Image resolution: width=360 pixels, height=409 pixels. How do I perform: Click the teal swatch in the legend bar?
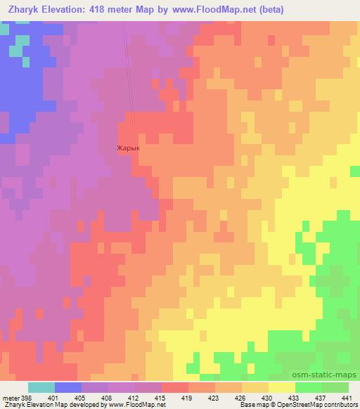click(x=41, y=387)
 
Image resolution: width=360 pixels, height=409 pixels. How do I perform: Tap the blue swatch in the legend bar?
click(x=68, y=387)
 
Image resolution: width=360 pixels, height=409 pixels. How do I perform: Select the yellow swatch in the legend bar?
click(x=281, y=387)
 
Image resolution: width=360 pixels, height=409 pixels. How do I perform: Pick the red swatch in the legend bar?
click(x=175, y=387)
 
